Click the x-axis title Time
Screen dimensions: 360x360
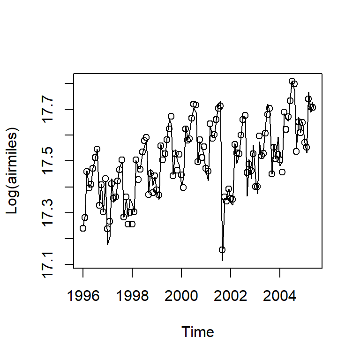198,332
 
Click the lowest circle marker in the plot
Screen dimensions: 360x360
222,250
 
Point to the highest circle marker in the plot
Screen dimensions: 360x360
292,81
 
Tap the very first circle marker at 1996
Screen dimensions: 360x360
83,228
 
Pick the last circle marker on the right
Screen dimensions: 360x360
313,107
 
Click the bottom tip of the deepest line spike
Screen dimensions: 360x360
222,260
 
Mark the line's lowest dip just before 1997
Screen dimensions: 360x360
107,244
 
